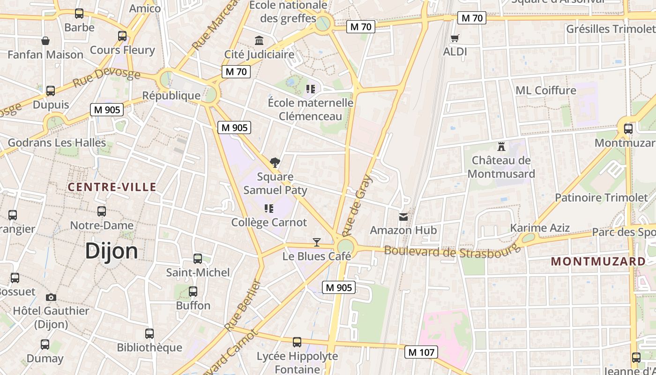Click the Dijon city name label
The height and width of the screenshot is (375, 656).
(112, 251)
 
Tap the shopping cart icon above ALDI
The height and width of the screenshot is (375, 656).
(455, 38)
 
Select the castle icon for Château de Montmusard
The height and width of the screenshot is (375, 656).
(501, 146)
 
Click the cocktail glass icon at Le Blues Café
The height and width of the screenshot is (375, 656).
(317, 242)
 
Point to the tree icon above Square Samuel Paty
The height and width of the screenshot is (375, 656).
(275, 163)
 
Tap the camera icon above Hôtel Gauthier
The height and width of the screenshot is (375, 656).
(51, 297)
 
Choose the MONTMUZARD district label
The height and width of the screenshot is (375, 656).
(598, 262)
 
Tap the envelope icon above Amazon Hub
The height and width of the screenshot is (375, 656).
(403, 217)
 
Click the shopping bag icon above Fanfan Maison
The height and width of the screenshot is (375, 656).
(45, 41)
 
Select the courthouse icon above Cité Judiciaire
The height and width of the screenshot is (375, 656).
(259, 40)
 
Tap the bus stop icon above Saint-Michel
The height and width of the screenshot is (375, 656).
(198, 258)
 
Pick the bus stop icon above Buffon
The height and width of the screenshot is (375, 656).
(193, 292)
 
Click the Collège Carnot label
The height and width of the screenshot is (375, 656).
(269, 222)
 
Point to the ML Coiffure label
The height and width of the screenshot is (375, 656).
(545, 90)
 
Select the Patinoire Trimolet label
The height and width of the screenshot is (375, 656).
(601, 197)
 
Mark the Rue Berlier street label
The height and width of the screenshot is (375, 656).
(243, 305)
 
